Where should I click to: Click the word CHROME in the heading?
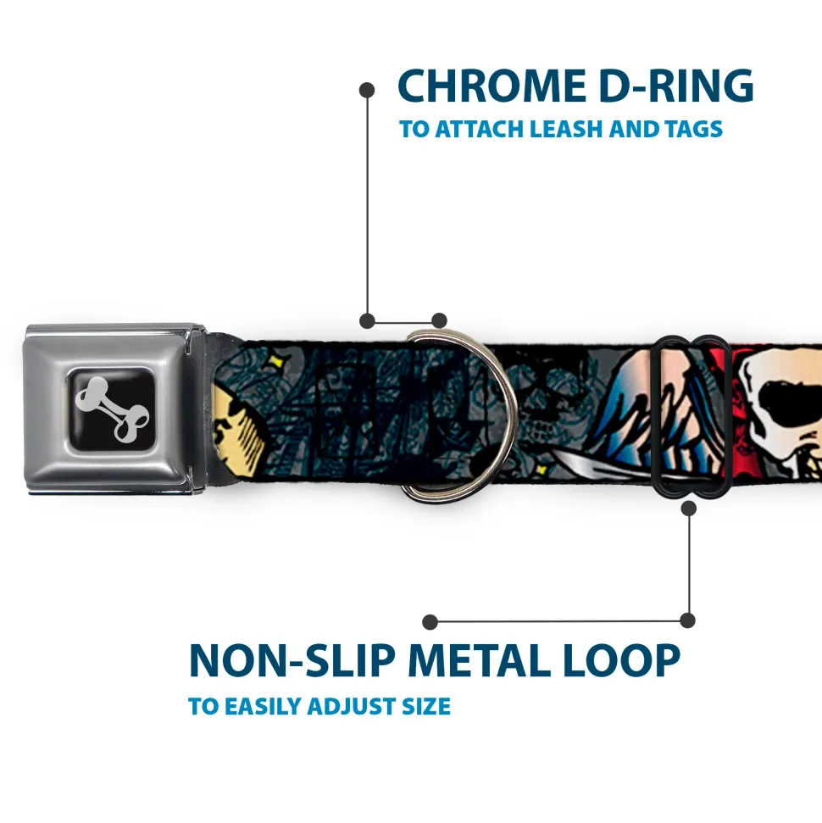click(492, 86)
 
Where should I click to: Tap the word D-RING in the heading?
click(676, 86)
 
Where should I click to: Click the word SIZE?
click(426, 706)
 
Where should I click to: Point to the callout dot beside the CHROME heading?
click(367, 91)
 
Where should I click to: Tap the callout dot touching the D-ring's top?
click(439, 320)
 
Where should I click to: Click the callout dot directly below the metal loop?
click(688, 508)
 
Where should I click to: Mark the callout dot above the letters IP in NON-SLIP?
click(430, 622)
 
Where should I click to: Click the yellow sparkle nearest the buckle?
click(273, 362)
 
